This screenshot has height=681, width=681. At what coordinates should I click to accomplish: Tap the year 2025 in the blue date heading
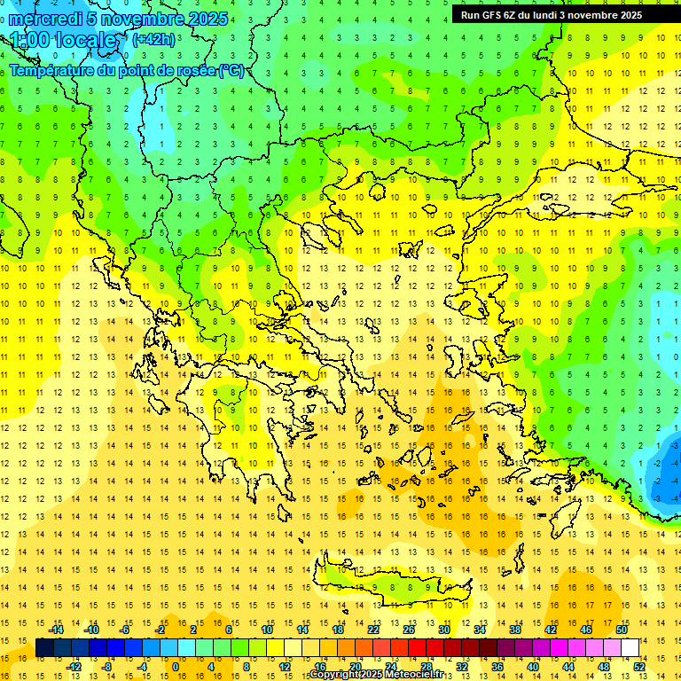[207, 19]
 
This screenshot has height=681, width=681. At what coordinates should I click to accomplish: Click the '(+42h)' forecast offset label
[153, 39]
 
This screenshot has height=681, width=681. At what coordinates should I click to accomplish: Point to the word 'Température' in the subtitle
[52, 71]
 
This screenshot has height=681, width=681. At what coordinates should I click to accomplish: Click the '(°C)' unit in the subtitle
[231, 71]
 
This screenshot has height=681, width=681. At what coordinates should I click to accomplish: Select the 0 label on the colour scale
[175, 667]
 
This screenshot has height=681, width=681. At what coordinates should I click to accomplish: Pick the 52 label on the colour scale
[639, 667]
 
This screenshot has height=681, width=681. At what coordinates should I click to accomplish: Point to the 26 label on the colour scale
[409, 629]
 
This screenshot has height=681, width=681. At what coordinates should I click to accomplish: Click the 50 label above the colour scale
[622, 629]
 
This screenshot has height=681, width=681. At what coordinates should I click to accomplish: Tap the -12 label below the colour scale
[74, 667]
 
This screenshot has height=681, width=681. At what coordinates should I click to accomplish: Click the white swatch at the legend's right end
[630, 648]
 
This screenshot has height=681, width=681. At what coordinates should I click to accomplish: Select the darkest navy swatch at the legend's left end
[44, 648]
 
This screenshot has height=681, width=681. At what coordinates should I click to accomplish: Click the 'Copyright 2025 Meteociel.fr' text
[376, 675]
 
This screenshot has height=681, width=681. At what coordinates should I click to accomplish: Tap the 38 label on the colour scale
[515, 629]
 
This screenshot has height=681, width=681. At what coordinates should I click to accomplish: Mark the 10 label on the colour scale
[267, 629]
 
